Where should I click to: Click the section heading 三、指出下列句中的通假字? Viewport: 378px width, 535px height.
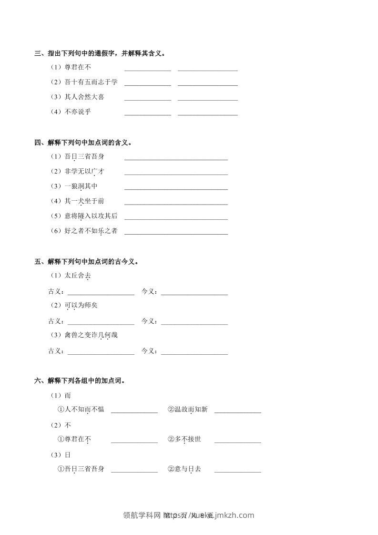coord(100,53)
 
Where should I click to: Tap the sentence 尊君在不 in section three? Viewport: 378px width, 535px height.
coord(77,67)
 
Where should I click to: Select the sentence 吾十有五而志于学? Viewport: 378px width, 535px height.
coord(91,82)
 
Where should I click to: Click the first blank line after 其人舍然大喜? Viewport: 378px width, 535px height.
coord(147,99)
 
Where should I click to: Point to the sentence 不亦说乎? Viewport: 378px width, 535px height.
coord(77,112)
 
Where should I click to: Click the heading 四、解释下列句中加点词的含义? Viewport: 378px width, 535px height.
coord(83,143)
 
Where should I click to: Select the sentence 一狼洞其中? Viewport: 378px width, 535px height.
coord(81,186)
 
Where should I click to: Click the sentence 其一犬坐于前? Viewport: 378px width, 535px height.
coord(84,201)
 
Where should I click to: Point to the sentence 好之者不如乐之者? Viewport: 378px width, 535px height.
coord(91,231)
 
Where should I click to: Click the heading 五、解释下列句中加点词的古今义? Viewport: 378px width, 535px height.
coord(87,262)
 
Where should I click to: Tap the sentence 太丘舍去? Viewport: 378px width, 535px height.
coord(77,276)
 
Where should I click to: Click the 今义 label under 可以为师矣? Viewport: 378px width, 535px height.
coord(149,321)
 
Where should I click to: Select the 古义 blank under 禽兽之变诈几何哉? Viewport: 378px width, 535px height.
coord(101,353)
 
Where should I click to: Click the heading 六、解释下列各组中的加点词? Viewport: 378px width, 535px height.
coord(80,381)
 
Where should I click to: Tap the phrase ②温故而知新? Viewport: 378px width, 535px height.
coord(187,409)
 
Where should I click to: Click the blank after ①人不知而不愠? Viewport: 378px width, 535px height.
coord(134,412)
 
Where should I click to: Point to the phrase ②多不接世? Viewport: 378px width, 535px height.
coord(184,439)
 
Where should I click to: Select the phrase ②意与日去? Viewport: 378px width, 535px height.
coord(184,469)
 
